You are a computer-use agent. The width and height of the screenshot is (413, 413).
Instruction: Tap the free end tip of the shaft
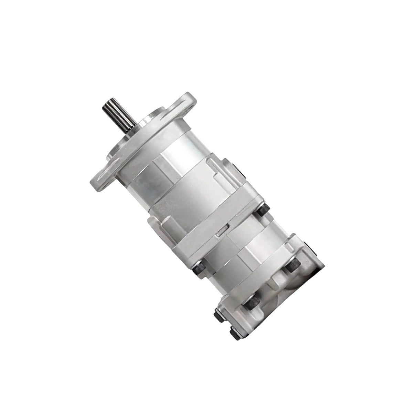pos(107,103)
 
